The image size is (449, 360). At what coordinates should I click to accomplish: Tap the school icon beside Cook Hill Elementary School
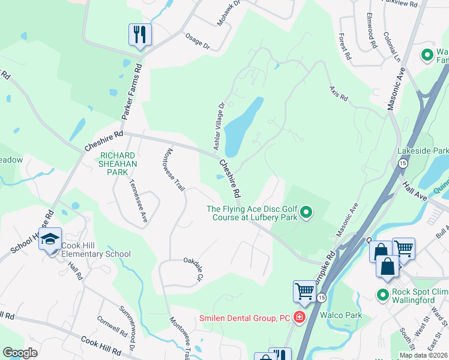point(50,239)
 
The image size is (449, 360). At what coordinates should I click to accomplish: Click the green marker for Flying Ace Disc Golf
point(306,212)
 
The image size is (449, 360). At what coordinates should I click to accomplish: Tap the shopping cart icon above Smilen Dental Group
point(304,291)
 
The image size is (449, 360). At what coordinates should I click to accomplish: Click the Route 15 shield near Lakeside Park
point(403,163)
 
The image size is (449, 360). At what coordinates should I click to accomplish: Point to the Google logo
point(20,353)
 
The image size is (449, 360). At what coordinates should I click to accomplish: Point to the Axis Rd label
point(339,93)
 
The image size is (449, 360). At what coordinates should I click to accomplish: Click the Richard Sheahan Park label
point(118,163)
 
